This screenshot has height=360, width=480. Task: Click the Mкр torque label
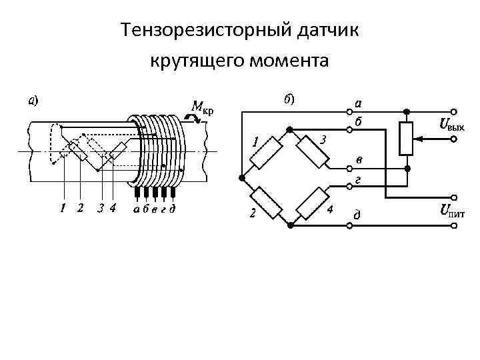coord(202,107)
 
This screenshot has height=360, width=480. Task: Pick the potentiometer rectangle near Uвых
coord(407,139)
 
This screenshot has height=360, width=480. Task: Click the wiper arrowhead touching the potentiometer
coord(419,139)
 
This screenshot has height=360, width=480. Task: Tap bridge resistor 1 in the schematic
coord(265,153)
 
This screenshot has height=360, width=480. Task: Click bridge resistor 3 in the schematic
coord(313,153)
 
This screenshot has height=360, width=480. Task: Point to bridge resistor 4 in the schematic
coord(313,203)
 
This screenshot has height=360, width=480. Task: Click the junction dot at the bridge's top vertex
coord(289,128)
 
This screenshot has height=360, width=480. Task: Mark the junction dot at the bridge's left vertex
coord(240,177)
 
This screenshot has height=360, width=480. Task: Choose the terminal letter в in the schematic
coord(359,160)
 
